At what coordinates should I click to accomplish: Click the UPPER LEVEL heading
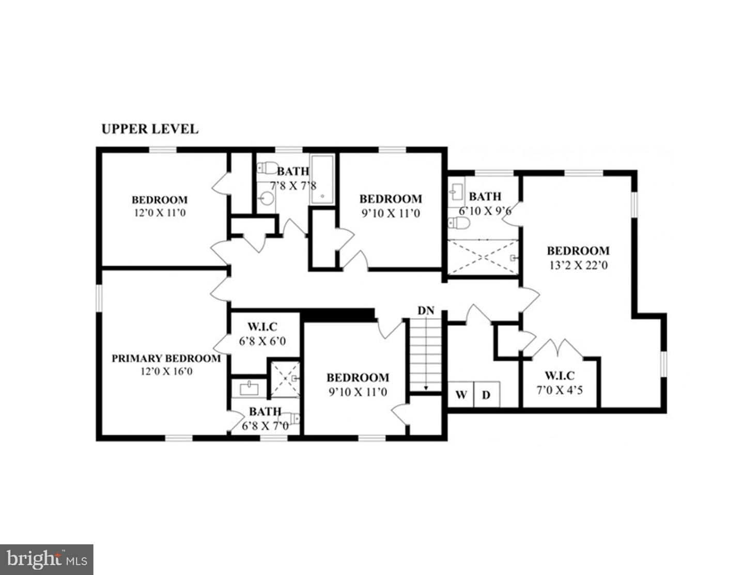point(150,129)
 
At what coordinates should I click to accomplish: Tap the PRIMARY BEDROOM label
point(166,358)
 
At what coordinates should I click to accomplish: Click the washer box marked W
point(461,395)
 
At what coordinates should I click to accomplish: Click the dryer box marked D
point(486,395)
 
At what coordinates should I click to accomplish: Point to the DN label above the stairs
point(426,310)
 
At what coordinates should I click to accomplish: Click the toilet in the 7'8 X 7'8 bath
point(266,168)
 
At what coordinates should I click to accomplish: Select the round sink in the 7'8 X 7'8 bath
point(267,198)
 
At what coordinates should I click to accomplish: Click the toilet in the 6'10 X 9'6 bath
point(459,223)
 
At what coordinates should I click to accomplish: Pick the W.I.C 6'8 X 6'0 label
point(262,334)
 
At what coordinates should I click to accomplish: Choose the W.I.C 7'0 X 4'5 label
point(559,383)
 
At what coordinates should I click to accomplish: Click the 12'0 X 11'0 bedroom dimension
point(159,212)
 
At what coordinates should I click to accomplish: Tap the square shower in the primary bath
point(283,379)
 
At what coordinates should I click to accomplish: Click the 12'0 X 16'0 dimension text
point(166,371)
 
